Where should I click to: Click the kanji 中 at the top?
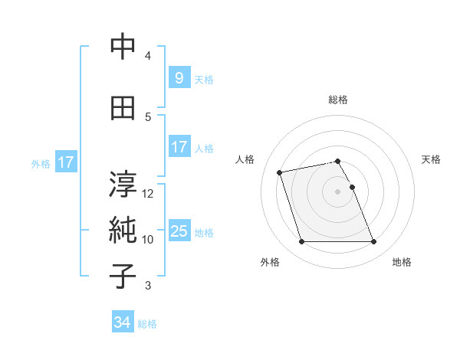123,47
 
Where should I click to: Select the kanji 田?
123,108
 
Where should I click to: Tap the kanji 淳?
123,184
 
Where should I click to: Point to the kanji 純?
123,231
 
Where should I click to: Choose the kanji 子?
123,277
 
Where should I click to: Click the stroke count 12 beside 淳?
148,193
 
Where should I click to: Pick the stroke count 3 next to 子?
148,286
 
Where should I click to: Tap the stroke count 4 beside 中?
148,56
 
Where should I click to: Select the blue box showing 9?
179,77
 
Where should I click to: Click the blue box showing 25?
179,231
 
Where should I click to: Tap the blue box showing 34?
122,322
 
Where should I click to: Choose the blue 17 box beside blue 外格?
65,162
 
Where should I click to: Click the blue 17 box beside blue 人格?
179,147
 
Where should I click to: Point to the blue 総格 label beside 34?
147,324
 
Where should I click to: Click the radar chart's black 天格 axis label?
431,159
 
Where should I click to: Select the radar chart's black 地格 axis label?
402,263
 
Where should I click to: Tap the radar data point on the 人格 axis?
280,172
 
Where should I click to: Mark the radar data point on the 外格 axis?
301,242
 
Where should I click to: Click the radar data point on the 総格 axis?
337,161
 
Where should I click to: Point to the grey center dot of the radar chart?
337,191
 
